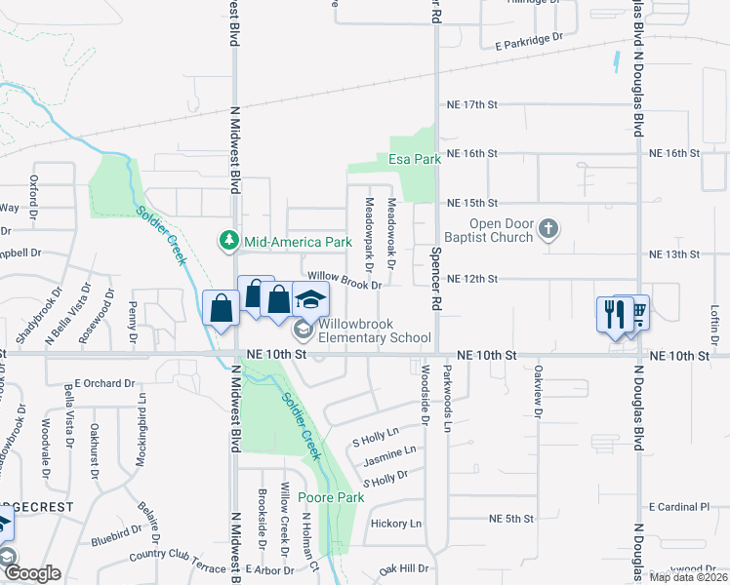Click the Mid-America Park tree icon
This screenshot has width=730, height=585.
pyautogui.click(x=228, y=241)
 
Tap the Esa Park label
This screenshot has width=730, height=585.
pyautogui.click(x=415, y=158)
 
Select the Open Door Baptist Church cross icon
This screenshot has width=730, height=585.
pyautogui.click(x=548, y=230)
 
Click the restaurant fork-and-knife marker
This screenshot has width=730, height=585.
pyautogui.click(x=614, y=313)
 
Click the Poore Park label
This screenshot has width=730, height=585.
pyautogui.click(x=331, y=497)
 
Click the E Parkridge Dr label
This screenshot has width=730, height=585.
pyautogui.click(x=529, y=40)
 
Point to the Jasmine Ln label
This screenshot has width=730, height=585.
pyautogui.click(x=389, y=454)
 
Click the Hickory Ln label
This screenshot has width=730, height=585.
pyautogui.click(x=396, y=524)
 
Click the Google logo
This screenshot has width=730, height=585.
pyautogui.click(x=31, y=573)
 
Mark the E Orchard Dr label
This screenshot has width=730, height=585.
pyautogui.click(x=102, y=383)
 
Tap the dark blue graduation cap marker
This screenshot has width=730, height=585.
pyautogui.click(x=310, y=299)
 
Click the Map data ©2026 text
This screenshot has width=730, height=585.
pyautogui.click(x=687, y=577)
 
